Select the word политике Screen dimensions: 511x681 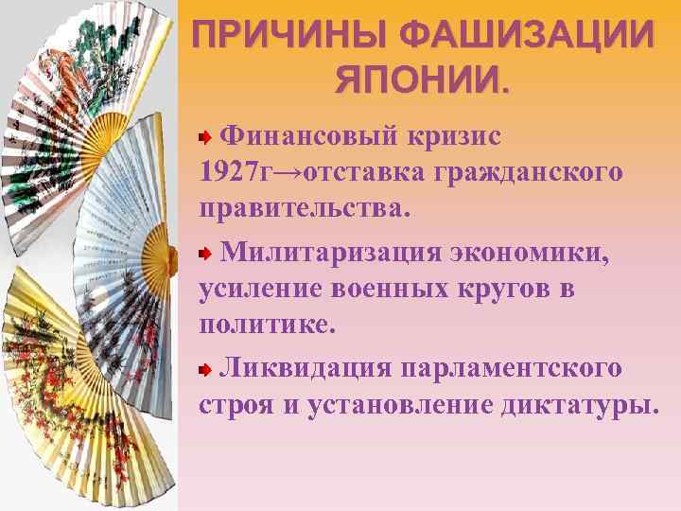click(x=268, y=325)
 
